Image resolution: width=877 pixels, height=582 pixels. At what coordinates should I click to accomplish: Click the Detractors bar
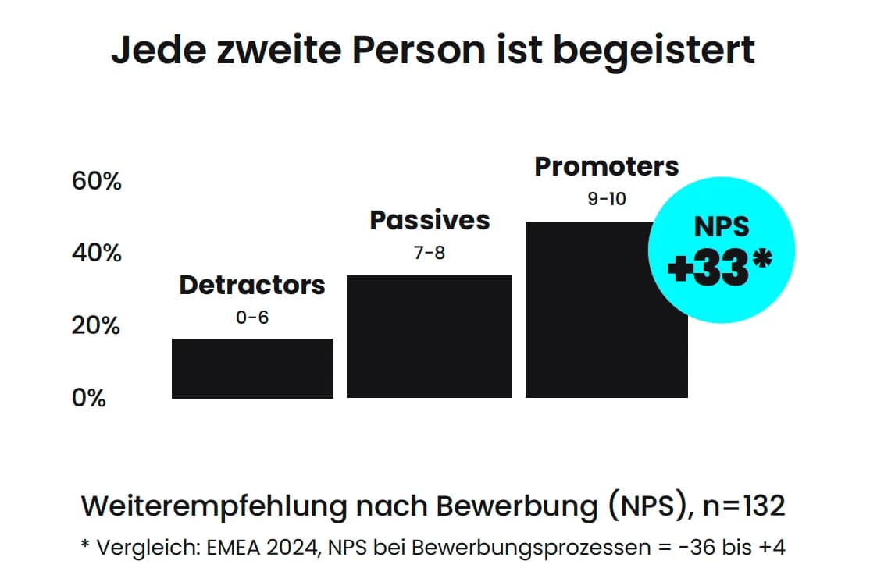(252, 368)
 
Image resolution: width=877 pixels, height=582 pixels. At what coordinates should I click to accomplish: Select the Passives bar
(429, 337)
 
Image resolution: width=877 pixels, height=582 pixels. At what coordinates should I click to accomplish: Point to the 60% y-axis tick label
(97, 182)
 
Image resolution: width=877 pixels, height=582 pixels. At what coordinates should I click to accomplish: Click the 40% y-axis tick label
(97, 254)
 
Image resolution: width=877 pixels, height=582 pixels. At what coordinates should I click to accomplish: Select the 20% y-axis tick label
(97, 325)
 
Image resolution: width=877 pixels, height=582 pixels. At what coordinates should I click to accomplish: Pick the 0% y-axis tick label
(88, 398)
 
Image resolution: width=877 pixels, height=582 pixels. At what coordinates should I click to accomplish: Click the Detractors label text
(252, 286)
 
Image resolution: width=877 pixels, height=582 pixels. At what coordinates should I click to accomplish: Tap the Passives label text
(430, 221)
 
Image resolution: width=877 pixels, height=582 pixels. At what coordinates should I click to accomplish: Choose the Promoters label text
(607, 166)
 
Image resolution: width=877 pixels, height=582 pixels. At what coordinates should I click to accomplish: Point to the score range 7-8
(429, 254)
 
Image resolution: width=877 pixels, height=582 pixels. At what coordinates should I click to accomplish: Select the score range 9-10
(607, 199)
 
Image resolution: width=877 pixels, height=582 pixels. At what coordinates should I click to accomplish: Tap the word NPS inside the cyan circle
(721, 226)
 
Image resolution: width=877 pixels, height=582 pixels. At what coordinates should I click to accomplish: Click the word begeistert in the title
(654, 51)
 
